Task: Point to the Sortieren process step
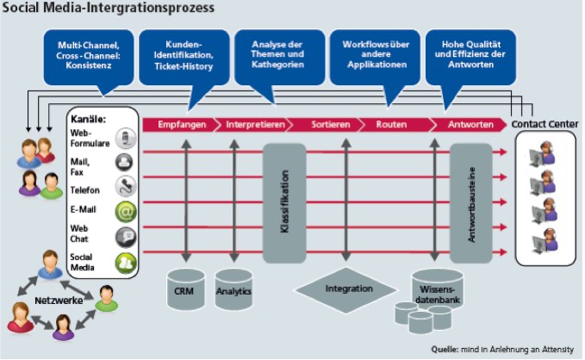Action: click(x=331, y=125)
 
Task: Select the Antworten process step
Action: click(x=470, y=125)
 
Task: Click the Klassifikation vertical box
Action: click(x=284, y=203)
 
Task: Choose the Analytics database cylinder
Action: click(x=234, y=289)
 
